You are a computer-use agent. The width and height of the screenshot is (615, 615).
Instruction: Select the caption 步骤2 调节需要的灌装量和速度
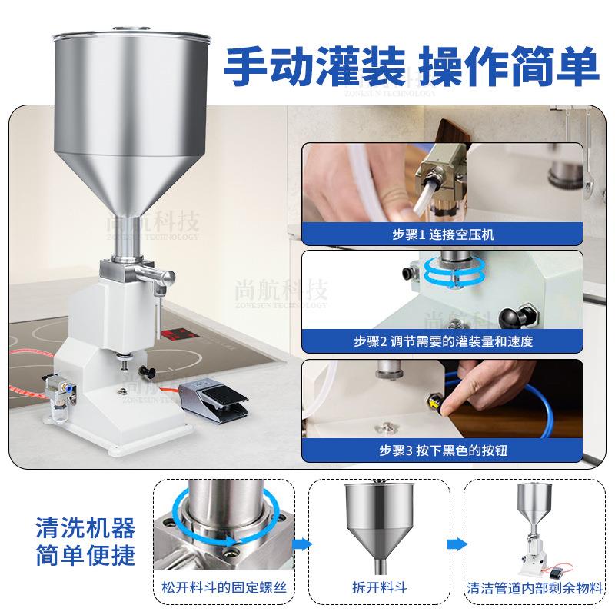[x=440, y=340]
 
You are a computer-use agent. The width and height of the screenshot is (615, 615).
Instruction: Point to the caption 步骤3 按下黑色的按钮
[x=440, y=450]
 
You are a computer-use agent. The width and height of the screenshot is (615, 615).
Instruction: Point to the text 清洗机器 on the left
[x=85, y=528]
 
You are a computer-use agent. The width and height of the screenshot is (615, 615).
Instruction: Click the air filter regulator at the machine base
[x=58, y=401]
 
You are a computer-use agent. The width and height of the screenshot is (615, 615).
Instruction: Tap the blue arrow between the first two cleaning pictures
[x=301, y=543]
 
